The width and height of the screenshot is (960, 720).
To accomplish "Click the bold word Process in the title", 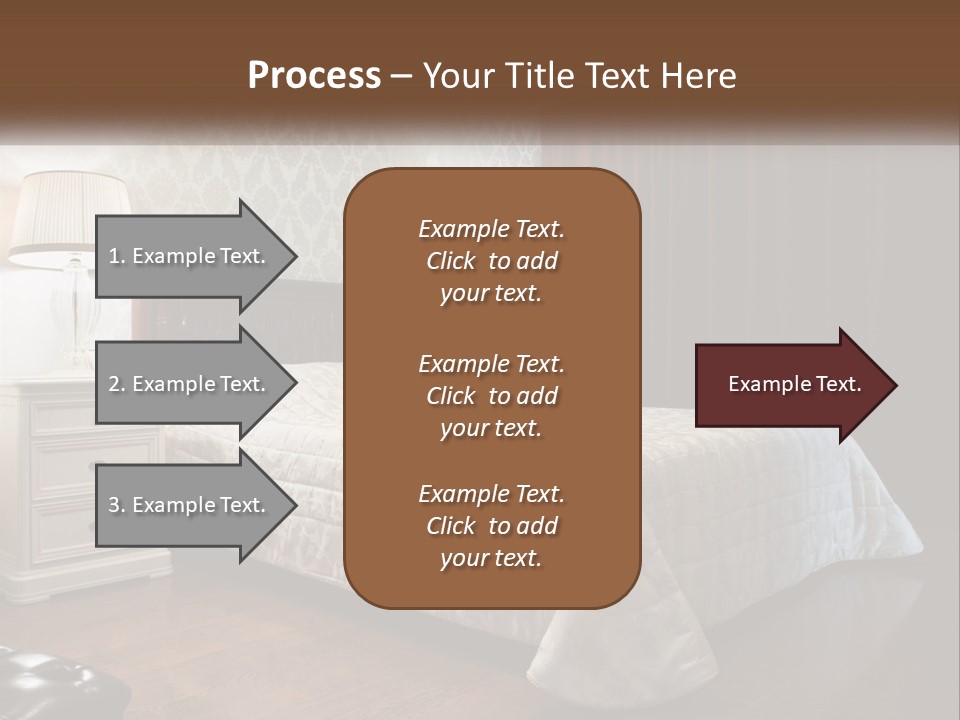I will pos(314,76).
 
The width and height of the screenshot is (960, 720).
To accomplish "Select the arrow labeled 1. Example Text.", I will pos(190,256).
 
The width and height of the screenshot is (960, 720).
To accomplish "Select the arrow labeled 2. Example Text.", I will pos(190,384).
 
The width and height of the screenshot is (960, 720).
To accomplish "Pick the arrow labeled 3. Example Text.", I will pos(190,505).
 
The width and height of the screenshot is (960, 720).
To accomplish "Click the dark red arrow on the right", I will pos(790,385).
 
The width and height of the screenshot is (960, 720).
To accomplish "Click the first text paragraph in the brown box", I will pos(491,261).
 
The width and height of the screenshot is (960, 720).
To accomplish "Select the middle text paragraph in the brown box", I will pos(491,396).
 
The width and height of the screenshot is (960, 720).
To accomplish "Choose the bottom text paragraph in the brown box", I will pos(491,526).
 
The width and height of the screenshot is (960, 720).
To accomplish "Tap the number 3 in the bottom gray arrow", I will pos(115,505).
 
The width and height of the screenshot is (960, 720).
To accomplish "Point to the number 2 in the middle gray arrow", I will pos(115,384).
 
